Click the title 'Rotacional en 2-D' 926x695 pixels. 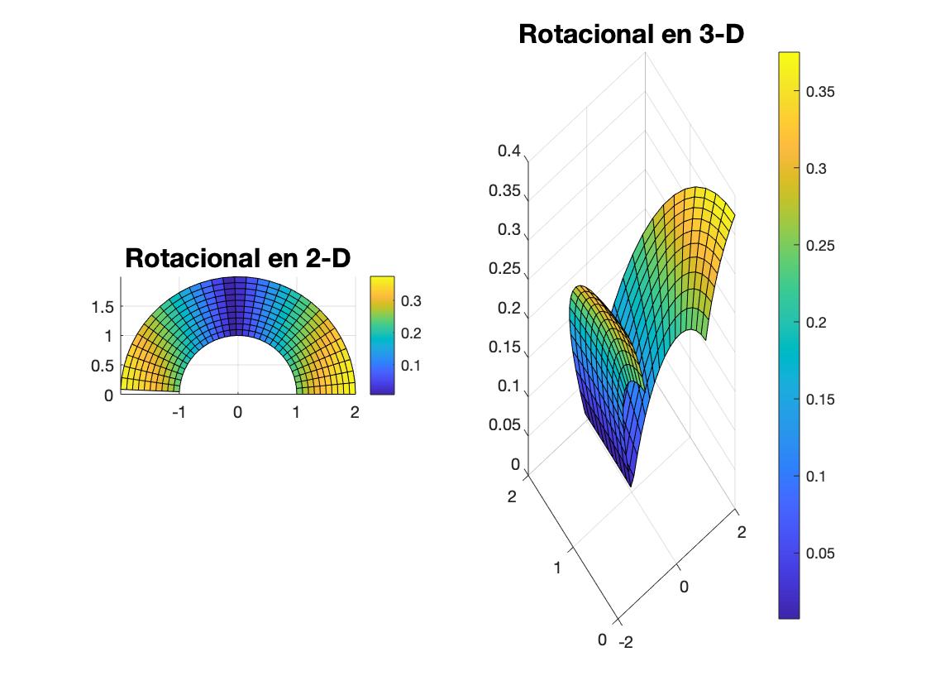(x=237, y=258)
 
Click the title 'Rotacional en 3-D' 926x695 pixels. (x=631, y=35)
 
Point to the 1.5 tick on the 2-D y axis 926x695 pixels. (x=102, y=307)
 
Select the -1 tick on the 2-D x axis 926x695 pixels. (x=179, y=411)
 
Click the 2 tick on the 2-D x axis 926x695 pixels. (x=355, y=411)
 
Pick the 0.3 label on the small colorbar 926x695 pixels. (x=411, y=301)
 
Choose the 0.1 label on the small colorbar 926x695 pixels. (x=411, y=366)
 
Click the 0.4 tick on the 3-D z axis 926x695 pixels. (x=508, y=152)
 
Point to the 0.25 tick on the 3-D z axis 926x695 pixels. (x=504, y=269)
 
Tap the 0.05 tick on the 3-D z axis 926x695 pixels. (x=504, y=425)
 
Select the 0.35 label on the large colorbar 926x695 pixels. (x=820, y=92)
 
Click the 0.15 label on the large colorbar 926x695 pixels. (x=820, y=400)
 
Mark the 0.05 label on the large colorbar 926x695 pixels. (x=820, y=554)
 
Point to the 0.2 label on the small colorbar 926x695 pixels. (x=411, y=333)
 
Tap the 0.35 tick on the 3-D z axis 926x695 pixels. (x=504, y=191)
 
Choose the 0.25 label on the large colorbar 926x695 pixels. (x=820, y=246)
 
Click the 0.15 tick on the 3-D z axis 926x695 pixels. (x=504, y=347)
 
